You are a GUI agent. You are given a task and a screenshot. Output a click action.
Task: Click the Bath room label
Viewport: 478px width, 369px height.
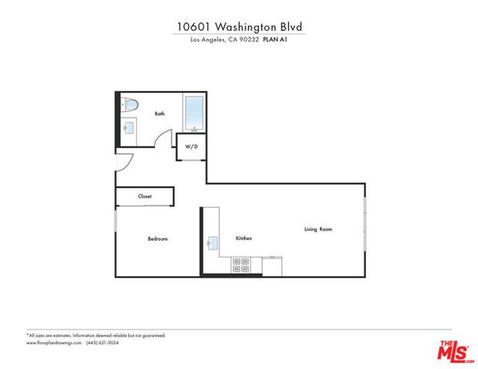click(x=160, y=114)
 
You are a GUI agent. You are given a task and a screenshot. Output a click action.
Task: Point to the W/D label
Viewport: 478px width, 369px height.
click(x=191, y=147)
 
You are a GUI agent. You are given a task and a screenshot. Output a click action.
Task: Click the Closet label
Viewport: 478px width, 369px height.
click(x=144, y=196)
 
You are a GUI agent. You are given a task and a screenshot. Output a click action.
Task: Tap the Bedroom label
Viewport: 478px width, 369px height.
click(x=158, y=239)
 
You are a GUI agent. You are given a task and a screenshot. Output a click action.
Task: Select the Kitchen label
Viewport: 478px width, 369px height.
click(x=244, y=239)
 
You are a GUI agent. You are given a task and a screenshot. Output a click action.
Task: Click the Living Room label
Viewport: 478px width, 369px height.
click(x=318, y=229)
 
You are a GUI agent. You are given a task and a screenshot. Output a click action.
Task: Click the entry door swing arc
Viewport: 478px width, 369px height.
click(x=124, y=162)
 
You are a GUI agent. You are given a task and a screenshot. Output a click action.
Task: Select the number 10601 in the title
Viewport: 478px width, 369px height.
click(x=193, y=26)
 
